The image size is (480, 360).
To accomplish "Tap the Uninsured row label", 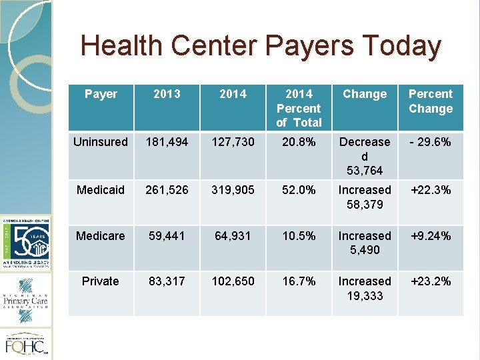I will [101, 142].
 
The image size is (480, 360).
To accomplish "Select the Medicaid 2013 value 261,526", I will [167, 190].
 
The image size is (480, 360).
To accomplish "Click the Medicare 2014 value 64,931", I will [233, 236].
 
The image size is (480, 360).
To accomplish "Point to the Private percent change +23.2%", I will [431, 281].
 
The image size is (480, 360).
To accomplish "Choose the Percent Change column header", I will [431, 101].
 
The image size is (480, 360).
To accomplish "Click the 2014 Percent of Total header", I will [299, 108].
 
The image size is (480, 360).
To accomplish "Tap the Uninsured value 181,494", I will [167, 142].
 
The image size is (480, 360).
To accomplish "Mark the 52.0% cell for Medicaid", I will [299, 190].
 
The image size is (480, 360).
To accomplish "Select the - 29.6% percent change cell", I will [431, 142].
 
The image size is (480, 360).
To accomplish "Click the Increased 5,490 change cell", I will [365, 243].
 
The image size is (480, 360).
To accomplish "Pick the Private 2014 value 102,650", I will [233, 281].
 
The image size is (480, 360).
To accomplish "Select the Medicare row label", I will [101, 236].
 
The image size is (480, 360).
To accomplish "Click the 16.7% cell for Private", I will [299, 281].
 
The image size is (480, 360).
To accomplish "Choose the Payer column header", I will [101, 94].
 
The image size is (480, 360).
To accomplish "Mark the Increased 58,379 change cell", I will [365, 197].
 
